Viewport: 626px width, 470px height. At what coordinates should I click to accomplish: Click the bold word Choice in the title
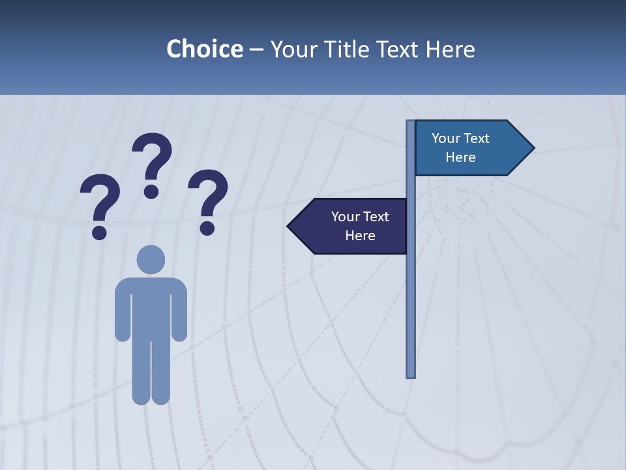click(204, 49)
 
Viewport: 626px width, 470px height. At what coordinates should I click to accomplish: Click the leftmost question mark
click(99, 202)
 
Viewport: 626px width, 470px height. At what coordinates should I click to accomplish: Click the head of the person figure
click(151, 259)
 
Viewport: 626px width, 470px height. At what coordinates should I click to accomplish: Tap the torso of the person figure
click(151, 307)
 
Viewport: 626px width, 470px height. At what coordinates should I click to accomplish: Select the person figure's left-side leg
click(141, 372)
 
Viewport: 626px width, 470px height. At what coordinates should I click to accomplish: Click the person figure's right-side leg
click(161, 372)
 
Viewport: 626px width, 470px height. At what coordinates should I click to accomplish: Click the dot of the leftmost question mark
click(99, 232)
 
